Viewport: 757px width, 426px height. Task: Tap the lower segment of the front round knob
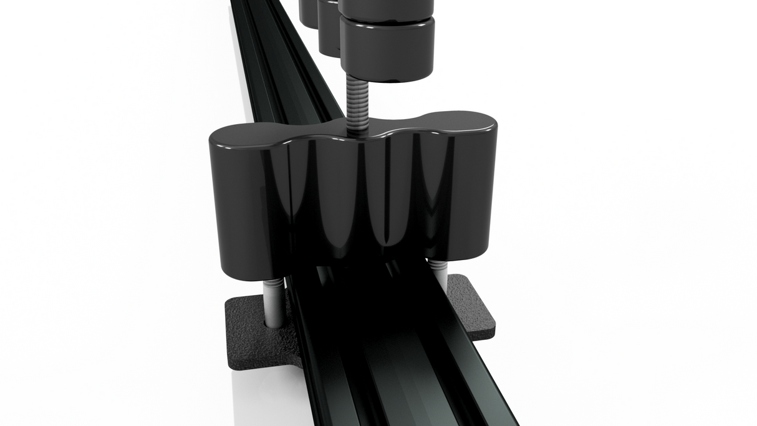(x=387, y=47)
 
